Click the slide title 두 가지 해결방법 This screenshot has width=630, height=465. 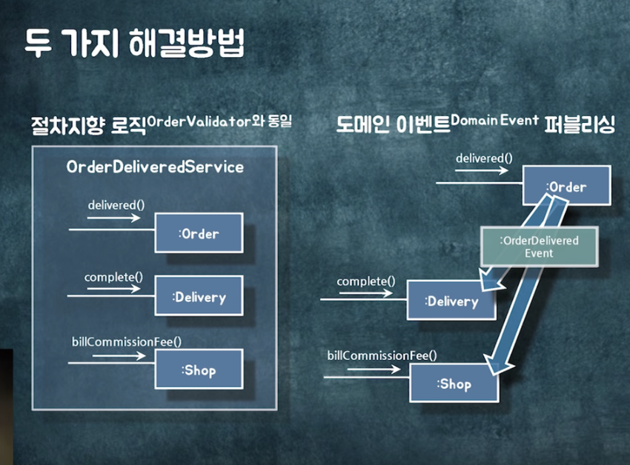tap(133, 44)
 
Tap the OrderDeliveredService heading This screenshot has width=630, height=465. tap(154, 167)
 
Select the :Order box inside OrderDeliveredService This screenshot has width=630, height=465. tap(199, 233)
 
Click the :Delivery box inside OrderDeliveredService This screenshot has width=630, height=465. tap(199, 297)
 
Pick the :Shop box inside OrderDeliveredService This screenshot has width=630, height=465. tap(199, 369)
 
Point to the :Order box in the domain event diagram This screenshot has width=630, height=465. tap(566, 186)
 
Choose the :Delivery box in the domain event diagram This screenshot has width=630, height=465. tap(451, 301)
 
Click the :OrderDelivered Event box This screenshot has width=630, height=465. tap(539, 247)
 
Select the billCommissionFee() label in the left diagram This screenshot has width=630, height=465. tap(127, 341)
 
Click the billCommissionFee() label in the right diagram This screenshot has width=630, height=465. tap(382, 355)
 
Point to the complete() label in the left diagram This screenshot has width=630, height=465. tap(113, 277)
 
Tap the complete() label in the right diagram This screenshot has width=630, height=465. tap(366, 281)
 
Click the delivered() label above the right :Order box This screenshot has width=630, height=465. tap(482, 158)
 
